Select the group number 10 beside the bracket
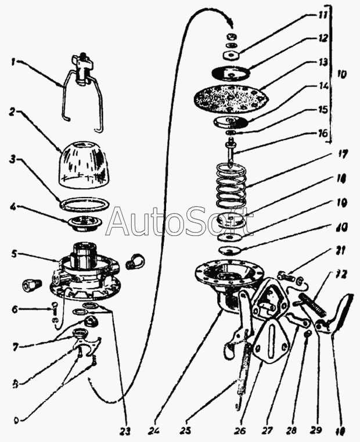(341, 76)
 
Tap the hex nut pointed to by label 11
(231, 55)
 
